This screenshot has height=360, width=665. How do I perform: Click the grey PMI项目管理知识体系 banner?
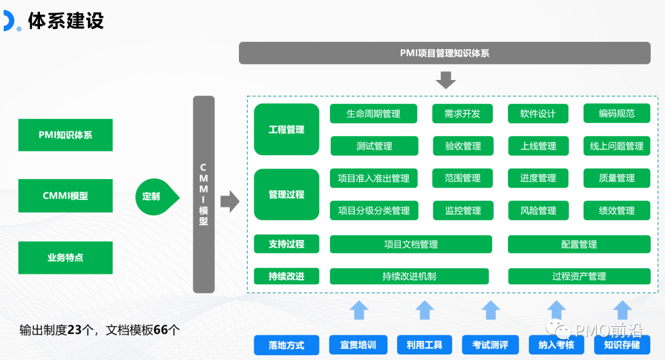[445, 53]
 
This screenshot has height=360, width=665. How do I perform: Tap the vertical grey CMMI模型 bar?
[204, 194]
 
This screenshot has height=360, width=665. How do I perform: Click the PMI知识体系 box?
[65, 135]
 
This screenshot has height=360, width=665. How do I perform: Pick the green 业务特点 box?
[65, 258]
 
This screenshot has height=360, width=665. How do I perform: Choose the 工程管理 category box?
[286, 129]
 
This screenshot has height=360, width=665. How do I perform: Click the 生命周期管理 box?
[373, 114]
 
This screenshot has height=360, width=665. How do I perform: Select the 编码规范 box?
[616, 114]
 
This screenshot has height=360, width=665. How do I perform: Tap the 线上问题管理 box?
[616, 146]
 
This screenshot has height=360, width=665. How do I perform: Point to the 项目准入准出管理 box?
[373, 178]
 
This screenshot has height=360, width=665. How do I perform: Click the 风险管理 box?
[538, 210]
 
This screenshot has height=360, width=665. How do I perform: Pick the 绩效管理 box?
[616, 210]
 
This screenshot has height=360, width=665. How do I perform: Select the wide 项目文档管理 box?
[411, 244]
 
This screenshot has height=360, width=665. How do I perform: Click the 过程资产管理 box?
[579, 276]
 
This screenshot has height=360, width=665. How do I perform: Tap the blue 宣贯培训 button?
[358, 345]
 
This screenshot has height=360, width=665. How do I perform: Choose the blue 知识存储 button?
[621, 345]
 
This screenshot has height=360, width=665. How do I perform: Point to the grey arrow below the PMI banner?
[445, 80]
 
